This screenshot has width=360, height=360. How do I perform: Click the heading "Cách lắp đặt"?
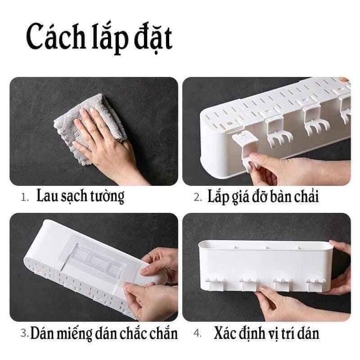coord(99,39)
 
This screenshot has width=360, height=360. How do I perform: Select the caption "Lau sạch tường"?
coord(81,197)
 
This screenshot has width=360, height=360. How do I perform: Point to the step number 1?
coord(25,198)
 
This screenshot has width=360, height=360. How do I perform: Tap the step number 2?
coord(197,198)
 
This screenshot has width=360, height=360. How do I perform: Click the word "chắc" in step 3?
coord(135,333)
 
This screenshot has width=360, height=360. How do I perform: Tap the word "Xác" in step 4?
coord(227,333)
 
